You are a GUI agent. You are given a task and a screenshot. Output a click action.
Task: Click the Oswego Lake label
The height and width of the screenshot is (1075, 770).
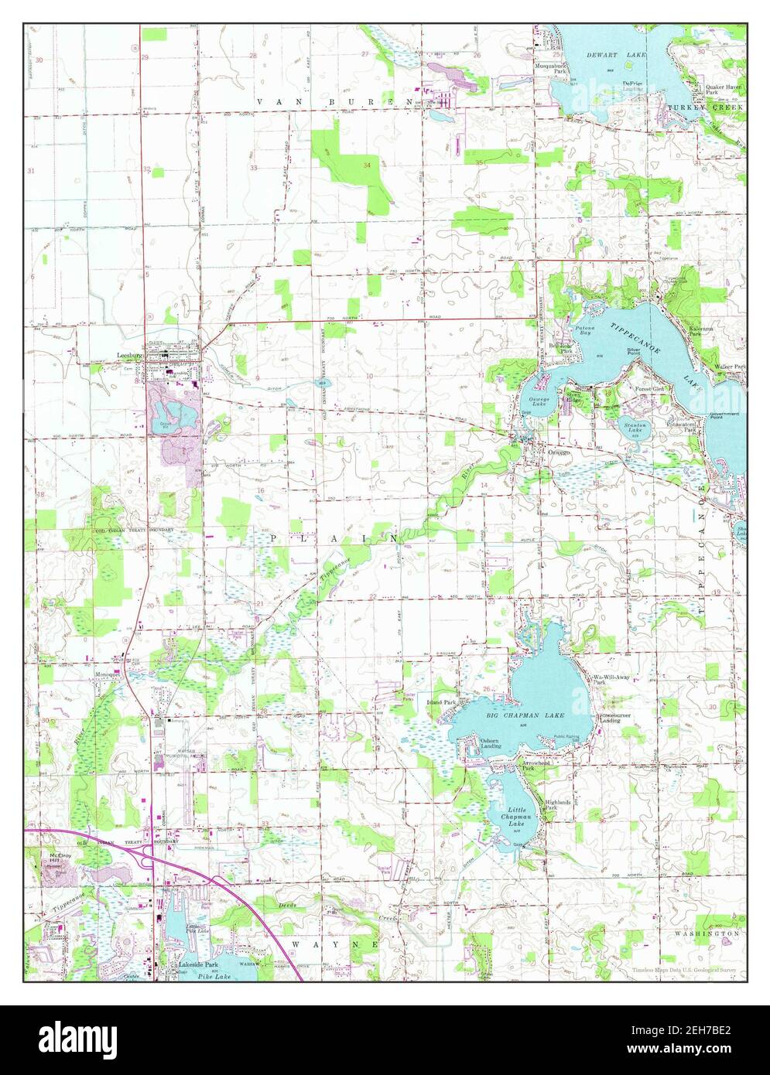click(x=539, y=400)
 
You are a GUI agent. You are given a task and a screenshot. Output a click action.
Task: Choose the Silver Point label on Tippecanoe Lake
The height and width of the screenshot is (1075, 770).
click(x=634, y=352)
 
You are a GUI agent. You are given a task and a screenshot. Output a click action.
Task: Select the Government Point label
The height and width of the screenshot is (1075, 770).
click(x=725, y=416)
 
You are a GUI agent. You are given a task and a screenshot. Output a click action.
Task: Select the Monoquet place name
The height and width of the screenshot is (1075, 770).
click(x=108, y=674)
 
